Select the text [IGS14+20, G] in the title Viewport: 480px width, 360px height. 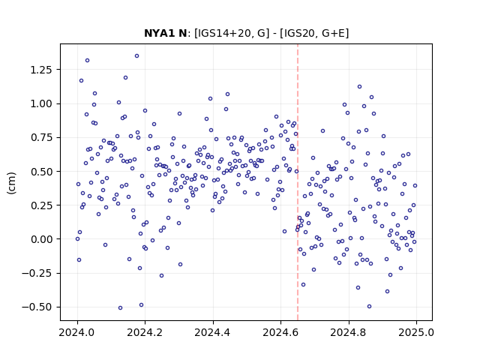tap(232, 33)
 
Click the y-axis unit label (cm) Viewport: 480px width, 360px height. tap(11, 183)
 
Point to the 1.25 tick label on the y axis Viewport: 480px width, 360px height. tap(41, 70)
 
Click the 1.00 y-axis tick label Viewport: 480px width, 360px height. tap(41, 103)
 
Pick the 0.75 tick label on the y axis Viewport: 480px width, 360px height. tap(41, 137)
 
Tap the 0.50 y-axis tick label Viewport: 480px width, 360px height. tap(41, 172)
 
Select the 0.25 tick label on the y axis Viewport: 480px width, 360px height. tap(41, 205)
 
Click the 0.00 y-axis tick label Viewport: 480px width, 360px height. tap(41, 239)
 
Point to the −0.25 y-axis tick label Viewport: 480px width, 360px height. tap(37, 273)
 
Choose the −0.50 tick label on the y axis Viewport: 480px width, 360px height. tap(37, 307)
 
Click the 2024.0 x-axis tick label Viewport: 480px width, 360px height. tap(77, 332)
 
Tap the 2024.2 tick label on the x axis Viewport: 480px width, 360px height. tap(145, 332)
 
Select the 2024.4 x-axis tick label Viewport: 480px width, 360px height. tap(213, 332)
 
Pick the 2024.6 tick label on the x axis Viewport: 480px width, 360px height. tap(280, 332)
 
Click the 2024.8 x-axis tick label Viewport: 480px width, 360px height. tap(348, 332)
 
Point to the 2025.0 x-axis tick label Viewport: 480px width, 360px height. tap(416, 332)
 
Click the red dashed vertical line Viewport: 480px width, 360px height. tap(298, 182)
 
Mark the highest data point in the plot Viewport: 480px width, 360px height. tap(136, 55)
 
